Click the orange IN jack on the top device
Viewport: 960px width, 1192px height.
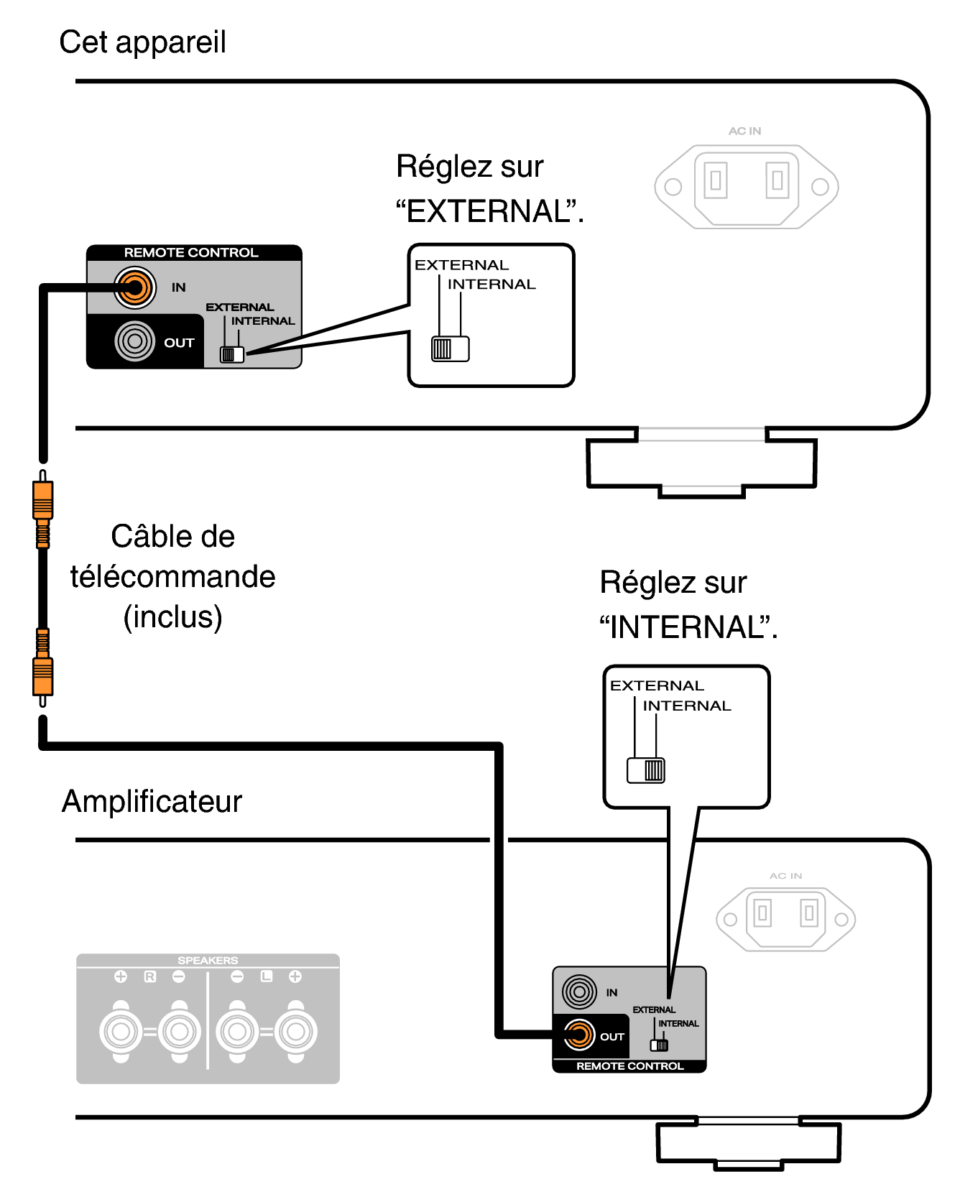click(134, 287)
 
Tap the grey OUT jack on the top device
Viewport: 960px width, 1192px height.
click(134, 341)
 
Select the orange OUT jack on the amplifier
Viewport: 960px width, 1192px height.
click(579, 1035)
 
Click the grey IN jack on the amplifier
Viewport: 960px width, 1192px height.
click(579, 992)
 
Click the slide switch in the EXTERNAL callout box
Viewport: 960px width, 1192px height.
click(451, 348)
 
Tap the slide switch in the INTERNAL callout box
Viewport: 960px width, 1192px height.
click(646, 770)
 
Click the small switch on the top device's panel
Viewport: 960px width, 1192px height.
click(232, 354)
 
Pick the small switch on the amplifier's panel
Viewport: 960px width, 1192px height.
click(659, 1045)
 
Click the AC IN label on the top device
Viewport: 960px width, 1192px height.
click(744, 131)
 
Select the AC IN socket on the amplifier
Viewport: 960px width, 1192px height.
click(785, 919)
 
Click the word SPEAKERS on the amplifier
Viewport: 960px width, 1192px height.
click(208, 960)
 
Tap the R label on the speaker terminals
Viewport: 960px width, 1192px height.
click(149, 976)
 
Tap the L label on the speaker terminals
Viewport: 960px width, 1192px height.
click(267, 976)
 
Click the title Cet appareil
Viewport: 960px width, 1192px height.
click(142, 42)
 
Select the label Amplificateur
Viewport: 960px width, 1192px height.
click(152, 801)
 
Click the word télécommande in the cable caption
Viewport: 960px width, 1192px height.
click(172, 576)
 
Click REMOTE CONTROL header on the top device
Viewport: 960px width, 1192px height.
click(191, 253)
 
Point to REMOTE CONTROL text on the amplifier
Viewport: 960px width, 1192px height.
click(629, 1066)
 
